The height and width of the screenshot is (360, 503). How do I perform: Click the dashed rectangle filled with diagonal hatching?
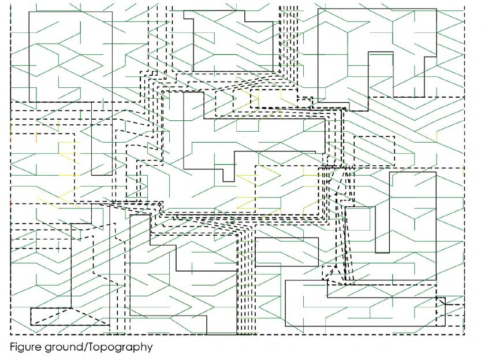pos(374,151)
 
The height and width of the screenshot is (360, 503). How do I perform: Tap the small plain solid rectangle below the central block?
pos(286,251)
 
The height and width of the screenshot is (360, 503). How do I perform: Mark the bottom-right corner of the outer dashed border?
pos(464,335)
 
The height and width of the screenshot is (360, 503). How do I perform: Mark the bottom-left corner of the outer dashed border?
pos(10,335)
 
